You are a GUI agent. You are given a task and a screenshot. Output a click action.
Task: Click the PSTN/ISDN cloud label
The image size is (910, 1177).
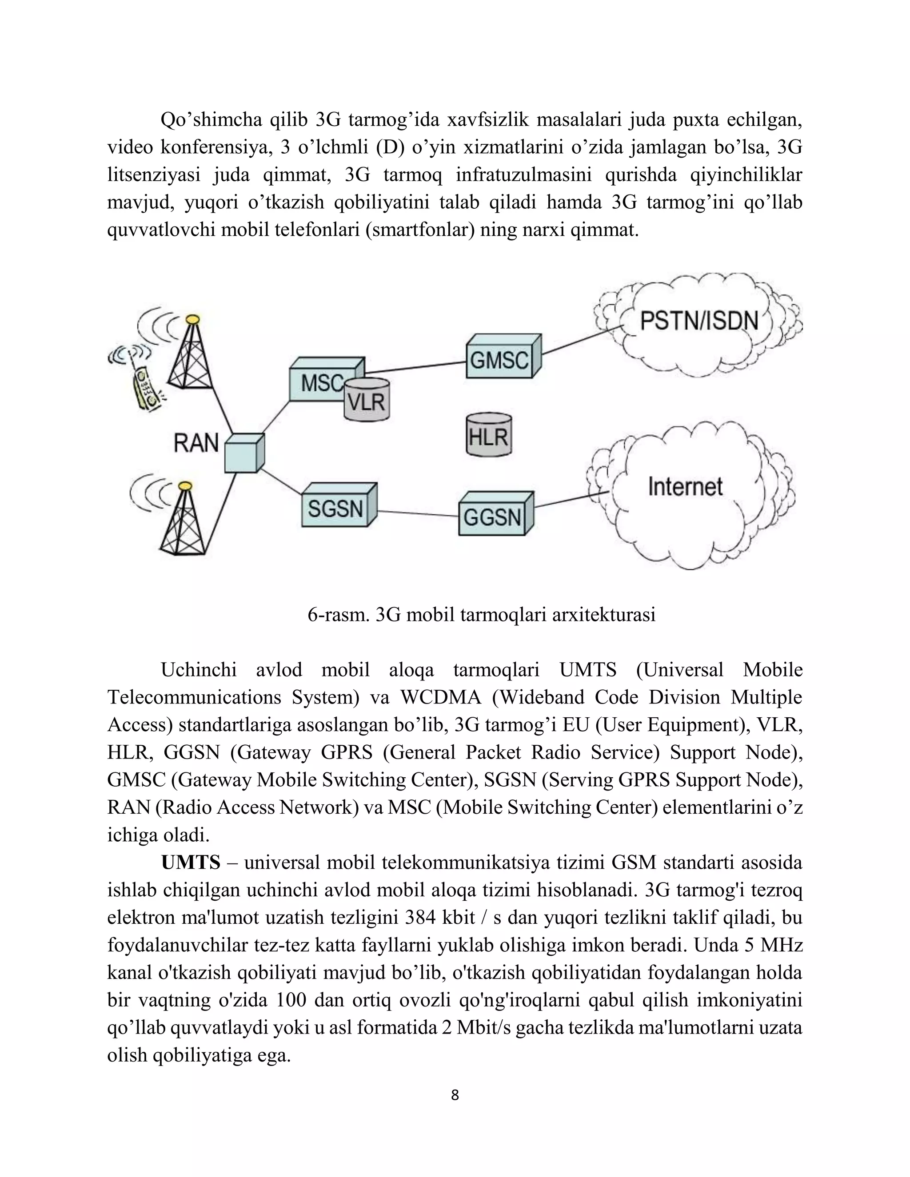698,322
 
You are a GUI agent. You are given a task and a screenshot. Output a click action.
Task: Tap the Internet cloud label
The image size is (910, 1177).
685,487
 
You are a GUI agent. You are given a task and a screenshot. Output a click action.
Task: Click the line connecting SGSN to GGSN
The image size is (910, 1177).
418,513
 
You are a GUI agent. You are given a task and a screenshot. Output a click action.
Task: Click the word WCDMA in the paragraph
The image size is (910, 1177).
440,697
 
